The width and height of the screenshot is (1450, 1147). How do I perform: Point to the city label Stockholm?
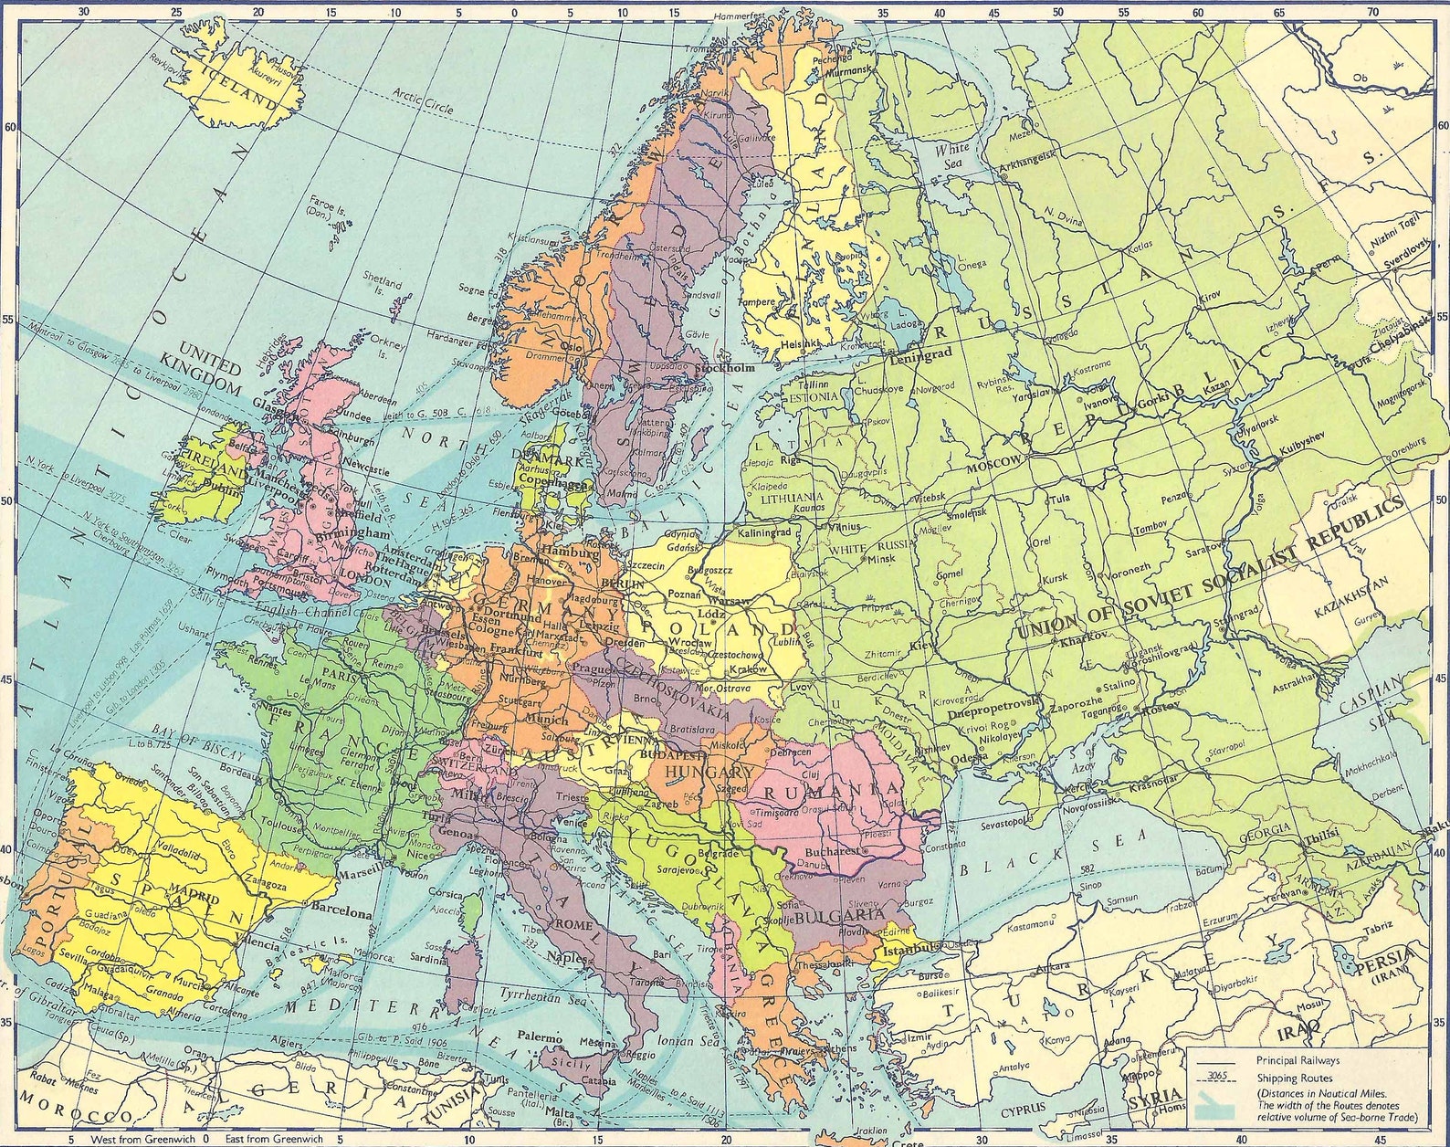click(x=725, y=368)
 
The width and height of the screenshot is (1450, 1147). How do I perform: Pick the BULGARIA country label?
click(x=839, y=916)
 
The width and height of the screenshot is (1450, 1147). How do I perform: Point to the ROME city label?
click(x=574, y=924)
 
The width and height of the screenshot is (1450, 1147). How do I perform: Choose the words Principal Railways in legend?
click(x=1298, y=1061)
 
